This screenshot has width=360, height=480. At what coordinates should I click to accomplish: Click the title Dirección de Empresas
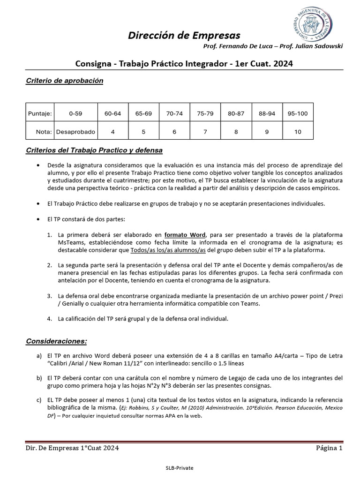pyautogui.click(x=184, y=35)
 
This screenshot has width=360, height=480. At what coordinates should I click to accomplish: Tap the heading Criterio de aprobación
pyautogui.click(x=64, y=81)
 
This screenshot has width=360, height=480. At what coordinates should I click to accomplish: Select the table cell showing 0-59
pyautogui.click(x=75, y=113)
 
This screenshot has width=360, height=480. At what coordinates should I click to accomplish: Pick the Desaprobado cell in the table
pyautogui.click(x=75, y=132)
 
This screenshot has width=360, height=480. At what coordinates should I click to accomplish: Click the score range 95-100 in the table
pyautogui.click(x=298, y=113)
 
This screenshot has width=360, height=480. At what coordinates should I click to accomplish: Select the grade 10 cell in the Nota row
pyautogui.click(x=298, y=132)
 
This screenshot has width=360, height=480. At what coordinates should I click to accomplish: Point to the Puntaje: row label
pyautogui.click(x=40, y=113)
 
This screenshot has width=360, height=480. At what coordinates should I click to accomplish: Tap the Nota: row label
pyautogui.click(x=44, y=132)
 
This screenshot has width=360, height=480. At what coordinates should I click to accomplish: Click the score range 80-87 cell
pyautogui.click(x=236, y=113)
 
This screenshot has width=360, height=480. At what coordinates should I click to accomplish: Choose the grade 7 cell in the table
pyautogui.click(x=205, y=132)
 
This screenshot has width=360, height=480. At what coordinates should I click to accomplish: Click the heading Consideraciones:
pyautogui.click(x=56, y=341)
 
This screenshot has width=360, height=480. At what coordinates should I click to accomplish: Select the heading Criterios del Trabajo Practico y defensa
pyautogui.click(x=94, y=150)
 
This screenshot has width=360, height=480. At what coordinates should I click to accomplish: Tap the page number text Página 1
pyautogui.click(x=329, y=448)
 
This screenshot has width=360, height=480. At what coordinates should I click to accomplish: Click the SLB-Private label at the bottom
pyautogui.click(x=180, y=468)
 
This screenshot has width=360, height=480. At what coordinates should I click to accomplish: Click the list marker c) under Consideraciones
pyautogui.click(x=39, y=400)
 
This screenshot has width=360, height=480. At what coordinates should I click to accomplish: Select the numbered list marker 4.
pyautogui.click(x=49, y=318)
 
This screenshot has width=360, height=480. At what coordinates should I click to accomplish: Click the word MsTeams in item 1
pyautogui.click(x=70, y=242)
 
